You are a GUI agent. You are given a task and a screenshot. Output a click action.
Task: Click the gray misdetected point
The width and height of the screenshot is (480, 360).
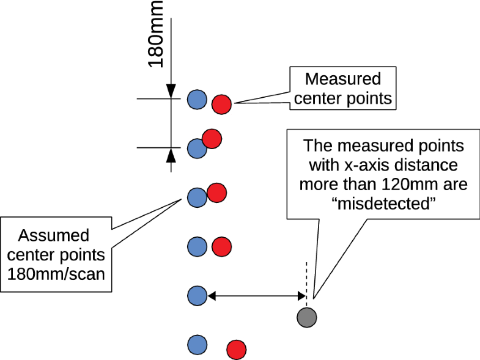(x=307, y=317)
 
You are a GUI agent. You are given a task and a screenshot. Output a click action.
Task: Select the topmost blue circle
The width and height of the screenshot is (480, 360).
(x=196, y=98)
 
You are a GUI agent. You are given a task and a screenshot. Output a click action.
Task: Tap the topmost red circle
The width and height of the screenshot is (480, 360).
(x=221, y=105)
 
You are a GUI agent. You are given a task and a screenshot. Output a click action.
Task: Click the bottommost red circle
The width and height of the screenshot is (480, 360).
(x=236, y=350)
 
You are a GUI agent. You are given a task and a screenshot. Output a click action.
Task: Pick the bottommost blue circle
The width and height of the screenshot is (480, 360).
(x=196, y=344)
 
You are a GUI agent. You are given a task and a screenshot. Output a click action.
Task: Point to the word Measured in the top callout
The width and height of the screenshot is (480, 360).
(x=342, y=79)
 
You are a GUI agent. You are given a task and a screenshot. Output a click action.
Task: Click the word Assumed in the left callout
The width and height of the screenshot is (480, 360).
(x=54, y=235)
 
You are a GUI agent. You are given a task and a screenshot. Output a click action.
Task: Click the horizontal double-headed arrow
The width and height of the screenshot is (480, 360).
(x=257, y=296)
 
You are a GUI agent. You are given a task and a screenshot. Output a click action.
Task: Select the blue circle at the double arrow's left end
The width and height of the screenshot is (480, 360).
(x=196, y=295)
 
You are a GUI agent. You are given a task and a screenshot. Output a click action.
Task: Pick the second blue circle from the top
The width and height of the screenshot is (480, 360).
(x=196, y=148)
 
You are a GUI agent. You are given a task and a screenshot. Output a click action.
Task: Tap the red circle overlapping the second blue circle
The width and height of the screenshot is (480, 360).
(x=211, y=139)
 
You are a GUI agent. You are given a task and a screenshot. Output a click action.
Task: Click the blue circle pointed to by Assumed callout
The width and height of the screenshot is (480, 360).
(x=196, y=197)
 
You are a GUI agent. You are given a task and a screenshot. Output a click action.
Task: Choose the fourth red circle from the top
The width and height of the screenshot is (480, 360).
(x=221, y=247)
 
